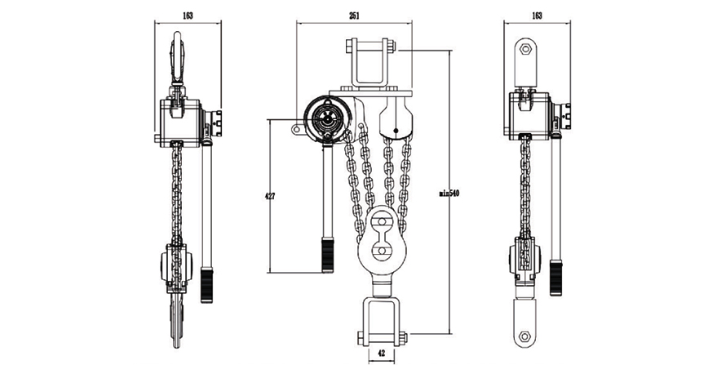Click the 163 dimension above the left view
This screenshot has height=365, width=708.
pos(188,16)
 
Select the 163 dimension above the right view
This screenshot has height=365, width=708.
pos(537,16)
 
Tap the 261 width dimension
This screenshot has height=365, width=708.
pos(355,16)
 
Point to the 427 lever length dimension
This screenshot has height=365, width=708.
pos(270,196)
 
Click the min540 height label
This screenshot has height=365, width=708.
pos(449,194)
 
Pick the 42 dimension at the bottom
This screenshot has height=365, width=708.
pos(381,354)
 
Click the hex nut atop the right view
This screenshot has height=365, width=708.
pos(525,49)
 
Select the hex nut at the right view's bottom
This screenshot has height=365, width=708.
pos(524,336)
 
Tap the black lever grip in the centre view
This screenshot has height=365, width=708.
pos(327,255)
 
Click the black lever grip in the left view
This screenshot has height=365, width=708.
pos(207,285)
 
